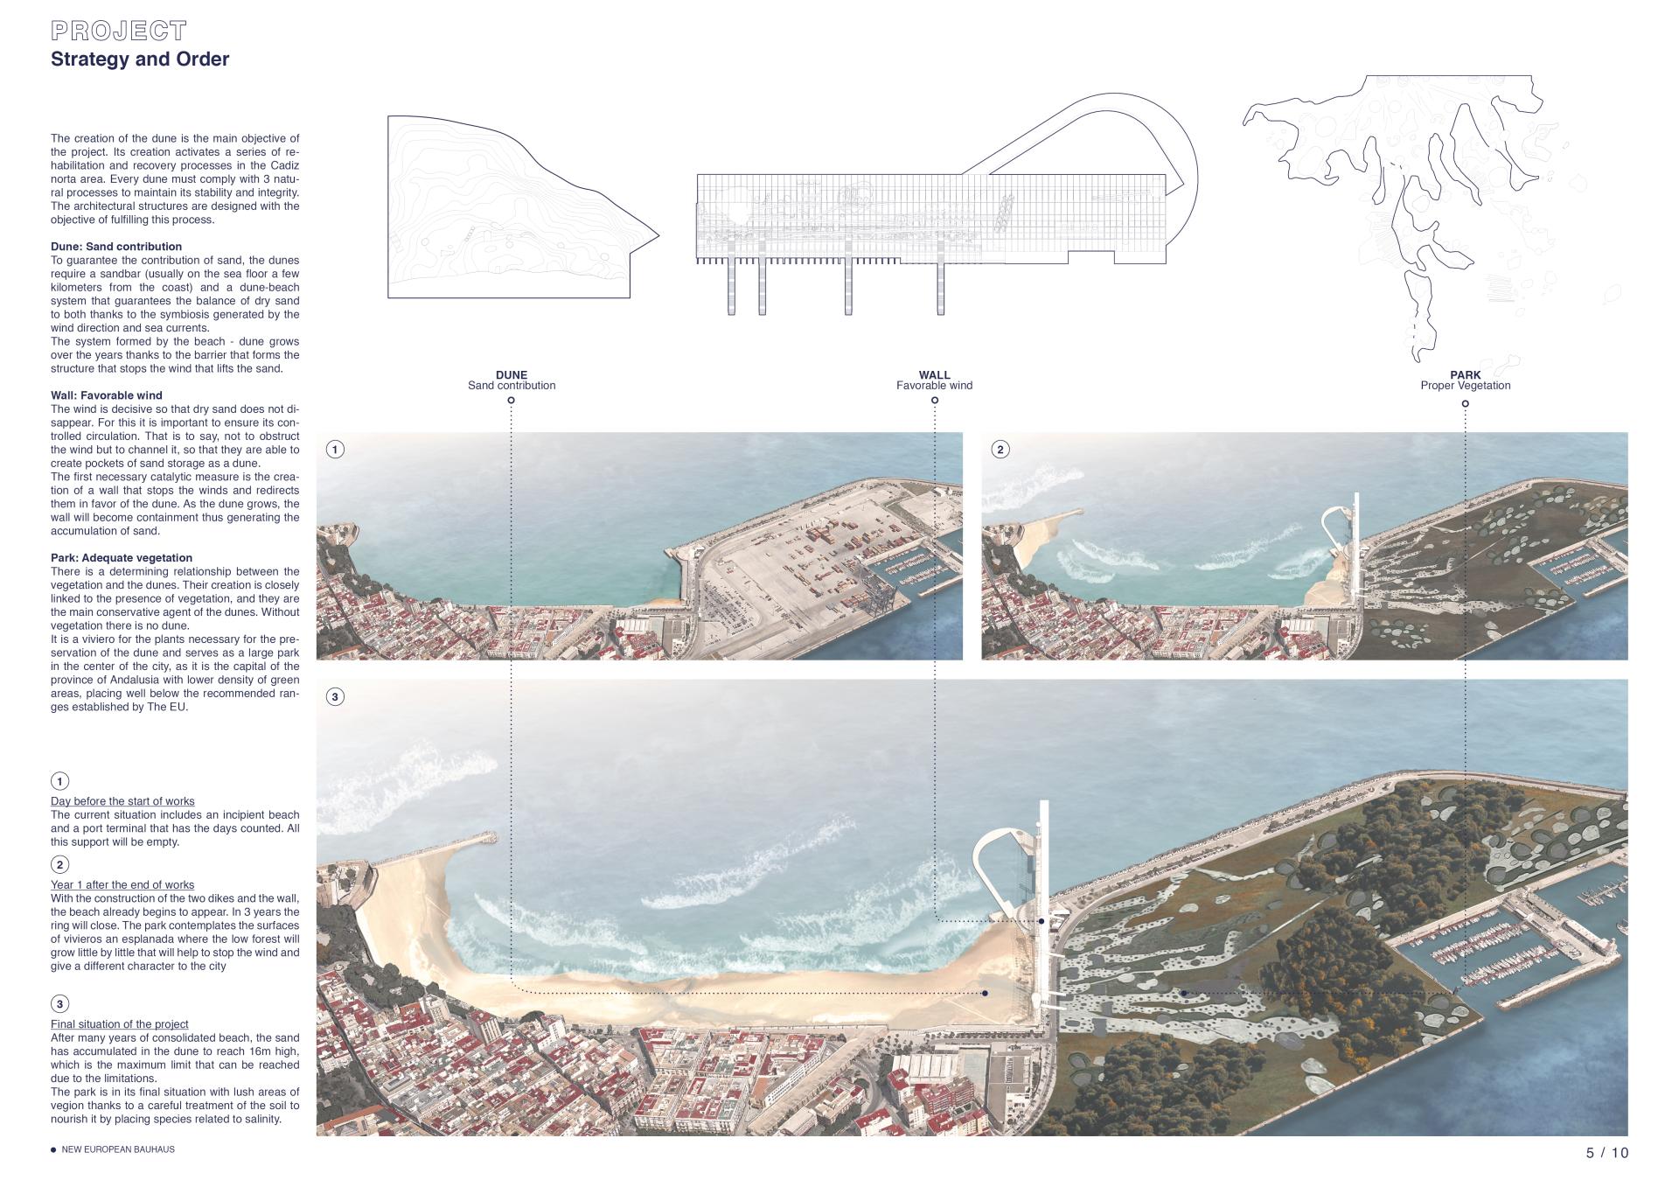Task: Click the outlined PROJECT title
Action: (119, 31)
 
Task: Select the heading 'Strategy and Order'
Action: (140, 59)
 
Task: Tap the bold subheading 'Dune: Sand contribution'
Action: (116, 247)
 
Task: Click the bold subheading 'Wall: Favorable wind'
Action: (107, 395)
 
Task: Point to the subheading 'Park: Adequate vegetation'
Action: (122, 558)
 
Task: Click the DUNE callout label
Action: (512, 375)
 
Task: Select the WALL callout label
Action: (934, 375)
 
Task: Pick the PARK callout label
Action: (1465, 375)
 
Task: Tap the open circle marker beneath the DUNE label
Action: (512, 401)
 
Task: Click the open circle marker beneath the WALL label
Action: (935, 401)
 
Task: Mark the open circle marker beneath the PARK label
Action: (1465, 404)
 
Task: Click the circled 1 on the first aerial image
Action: (335, 450)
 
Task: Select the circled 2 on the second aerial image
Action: (1000, 450)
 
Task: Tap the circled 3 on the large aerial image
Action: (335, 697)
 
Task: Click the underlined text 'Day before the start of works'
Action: (122, 801)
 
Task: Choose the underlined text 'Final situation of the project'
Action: (120, 1024)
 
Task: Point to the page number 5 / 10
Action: (1607, 1153)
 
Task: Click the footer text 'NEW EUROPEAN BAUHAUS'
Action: (118, 1149)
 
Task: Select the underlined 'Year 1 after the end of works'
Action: (122, 885)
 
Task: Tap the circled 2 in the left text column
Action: (59, 865)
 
